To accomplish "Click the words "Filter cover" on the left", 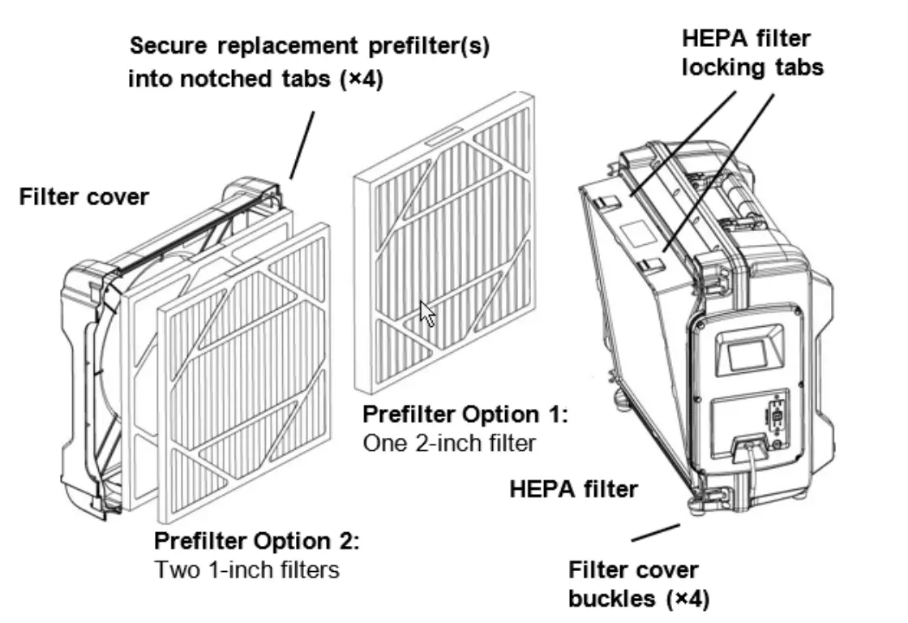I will [84, 196].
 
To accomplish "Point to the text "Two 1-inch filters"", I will [246, 569].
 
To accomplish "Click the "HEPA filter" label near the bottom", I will [574, 490].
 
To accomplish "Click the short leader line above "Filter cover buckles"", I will [655, 533].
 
